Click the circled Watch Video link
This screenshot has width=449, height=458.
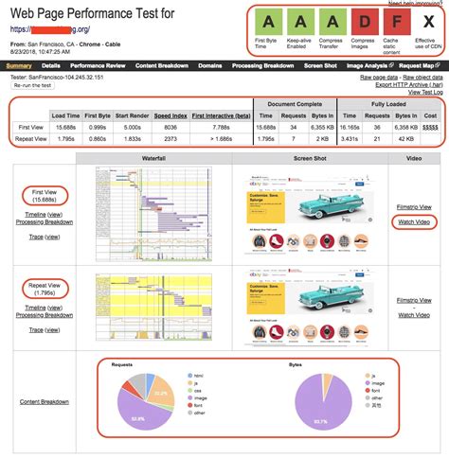[414, 222]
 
